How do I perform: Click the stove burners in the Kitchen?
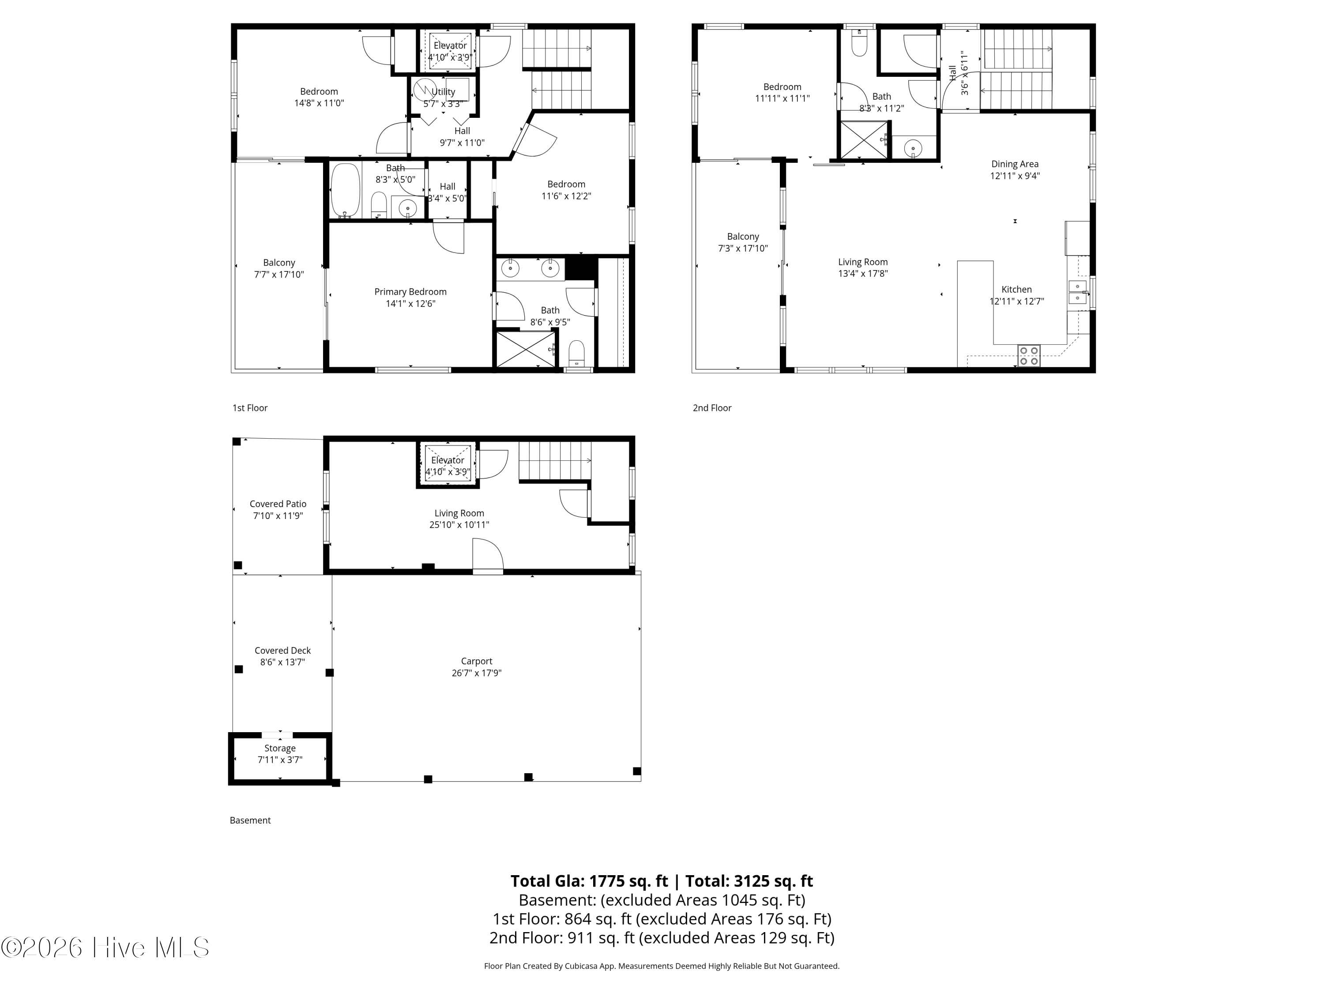coord(1028,356)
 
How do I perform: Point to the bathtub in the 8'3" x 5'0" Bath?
coord(346,190)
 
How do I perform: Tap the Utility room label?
coord(443,92)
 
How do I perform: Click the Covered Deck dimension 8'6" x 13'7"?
coord(282,662)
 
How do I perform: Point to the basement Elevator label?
coord(447,460)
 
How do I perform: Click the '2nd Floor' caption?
coord(712,408)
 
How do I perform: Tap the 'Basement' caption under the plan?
coord(250,820)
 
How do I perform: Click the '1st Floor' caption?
coord(250,408)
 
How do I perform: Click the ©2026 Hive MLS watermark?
coord(105,947)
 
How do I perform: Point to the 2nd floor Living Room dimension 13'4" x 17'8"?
coord(862,274)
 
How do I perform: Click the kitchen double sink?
coord(1077,291)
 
